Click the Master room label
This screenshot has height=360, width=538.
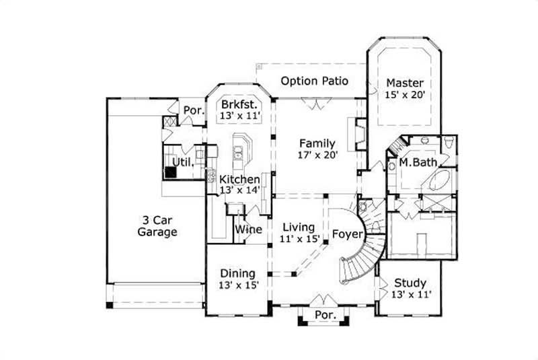[405, 83]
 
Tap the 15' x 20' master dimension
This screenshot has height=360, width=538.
[405, 96]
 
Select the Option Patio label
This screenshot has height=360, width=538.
[314, 81]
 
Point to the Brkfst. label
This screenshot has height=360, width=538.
[239, 105]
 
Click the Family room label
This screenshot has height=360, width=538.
[317, 143]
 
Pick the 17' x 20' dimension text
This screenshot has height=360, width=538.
[317, 155]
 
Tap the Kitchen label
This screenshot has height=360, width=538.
[239, 180]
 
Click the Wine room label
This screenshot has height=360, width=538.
[247, 229]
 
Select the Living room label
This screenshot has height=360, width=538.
[299, 227]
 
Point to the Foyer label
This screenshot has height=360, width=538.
[347, 235]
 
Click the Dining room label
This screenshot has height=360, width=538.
[238, 273]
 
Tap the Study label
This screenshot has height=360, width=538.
[410, 283]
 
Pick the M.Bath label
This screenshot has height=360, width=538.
[415, 163]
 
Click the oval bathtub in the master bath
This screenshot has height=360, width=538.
[440, 180]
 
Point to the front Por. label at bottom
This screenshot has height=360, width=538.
[325, 315]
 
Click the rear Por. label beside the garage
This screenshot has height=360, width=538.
[194, 111]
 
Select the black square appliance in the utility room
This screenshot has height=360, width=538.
[172, 172]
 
